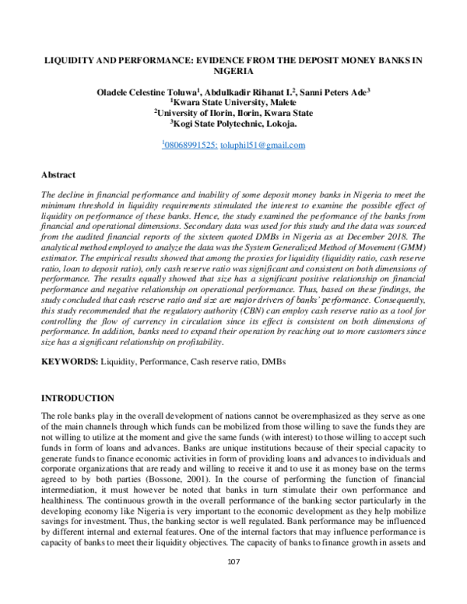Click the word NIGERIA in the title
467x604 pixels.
(233, 68)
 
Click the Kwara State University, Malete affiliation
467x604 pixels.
(233, 101)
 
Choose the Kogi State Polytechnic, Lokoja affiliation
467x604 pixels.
(233, 123)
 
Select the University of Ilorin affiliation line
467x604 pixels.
(233, 112)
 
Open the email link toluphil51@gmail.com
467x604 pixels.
(262, 145)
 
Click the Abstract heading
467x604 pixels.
(59, 176)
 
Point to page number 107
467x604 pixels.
(233, 585)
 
